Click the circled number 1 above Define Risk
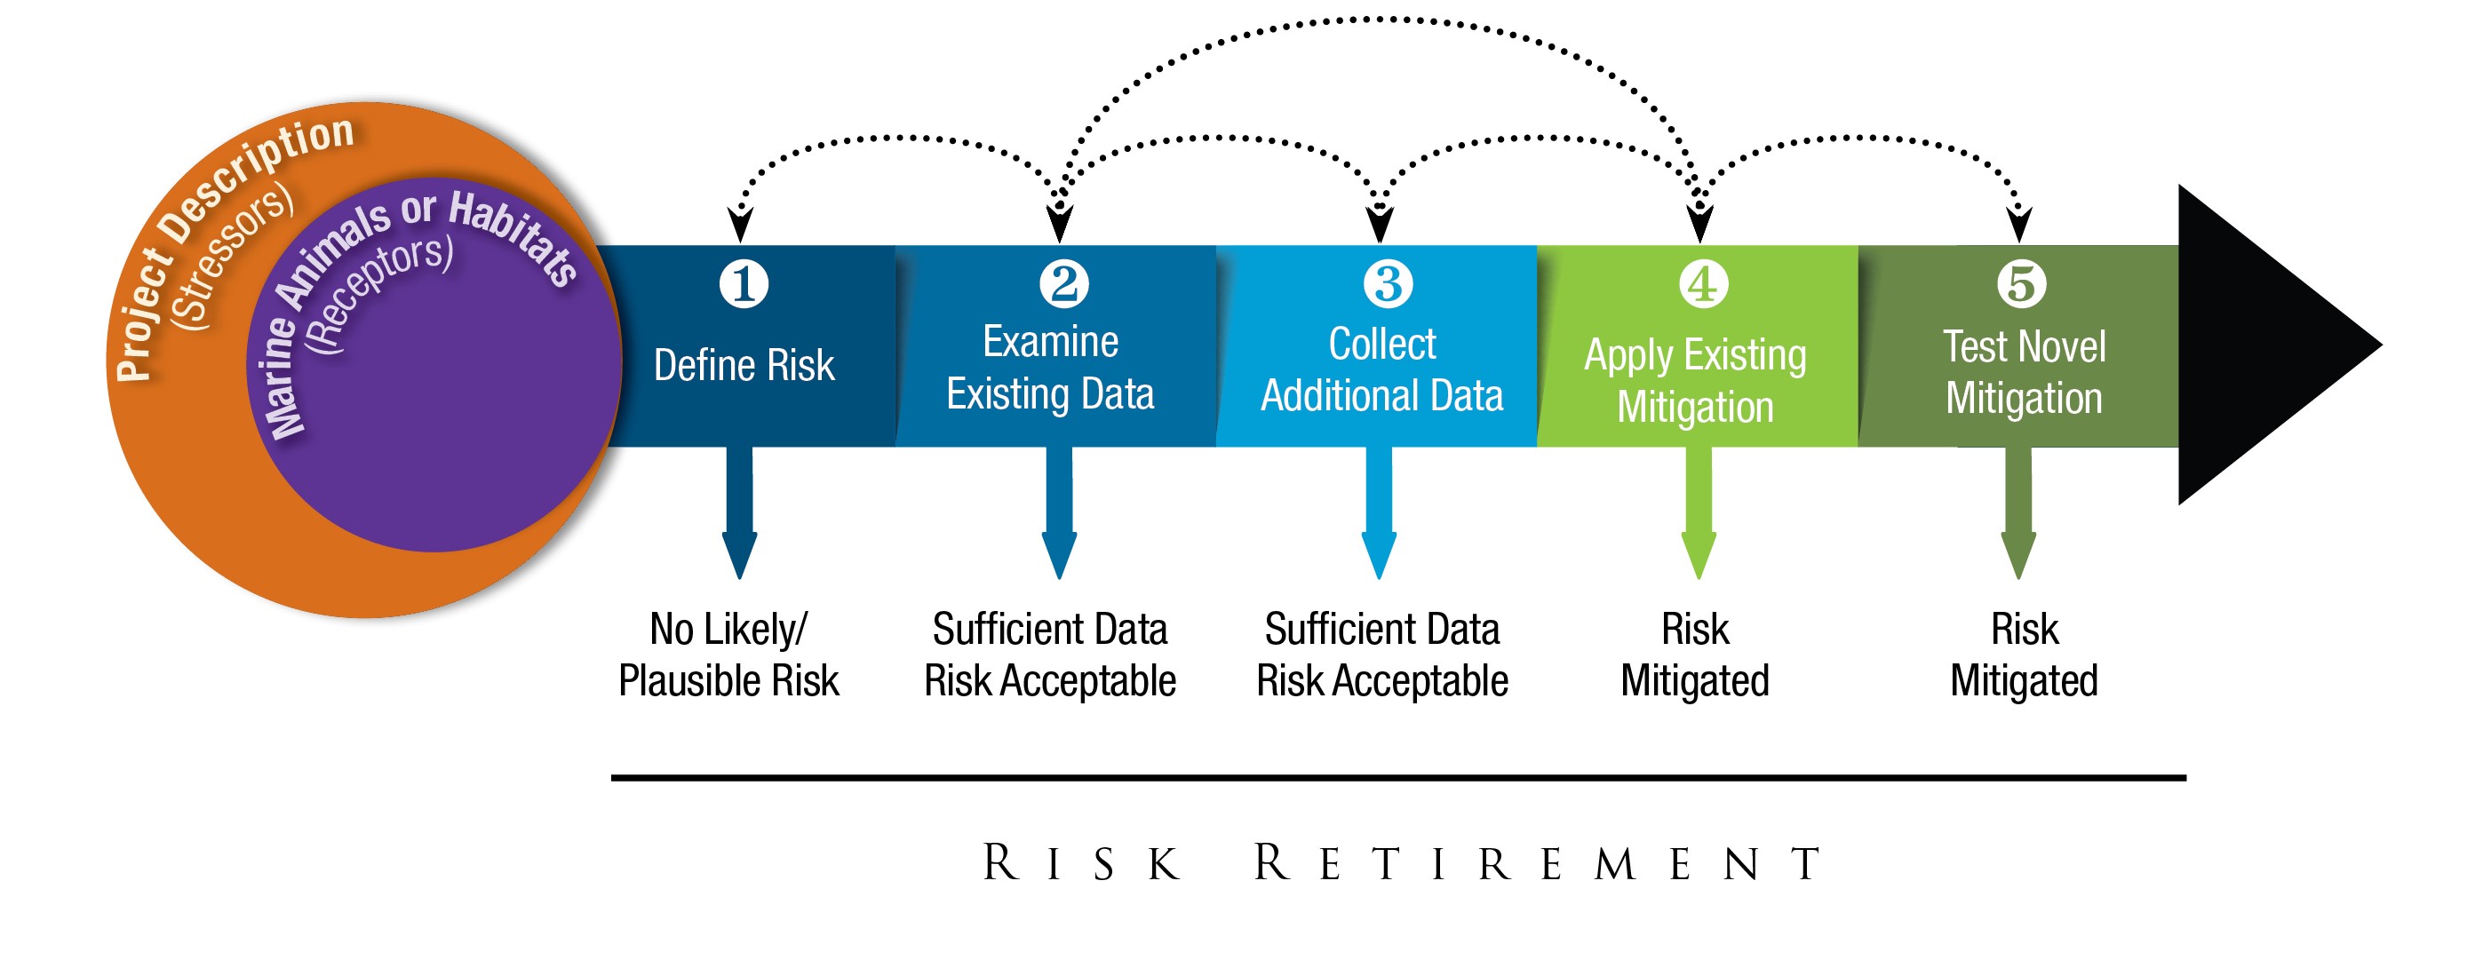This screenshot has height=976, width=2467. (x=744, y=283)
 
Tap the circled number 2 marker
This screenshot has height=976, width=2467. (x=1063, y=283)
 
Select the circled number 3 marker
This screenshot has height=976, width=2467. (x=1387, y=283)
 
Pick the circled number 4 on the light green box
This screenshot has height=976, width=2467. (x=1703, y=283)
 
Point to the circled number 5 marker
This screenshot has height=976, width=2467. (x=2021, y=283)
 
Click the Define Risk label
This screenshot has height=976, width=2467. (x=744, y=366)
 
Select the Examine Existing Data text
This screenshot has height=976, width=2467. (x=1050, y=368)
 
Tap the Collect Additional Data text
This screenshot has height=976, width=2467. (x=1381, y=369)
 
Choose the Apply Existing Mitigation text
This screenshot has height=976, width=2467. (x=1695, y=380)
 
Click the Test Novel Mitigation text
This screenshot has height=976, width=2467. (x=2024, y=371)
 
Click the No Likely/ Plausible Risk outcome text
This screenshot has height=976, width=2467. (x=728, y=655)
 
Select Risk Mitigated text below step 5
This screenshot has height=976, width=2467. (x=2024, y=655)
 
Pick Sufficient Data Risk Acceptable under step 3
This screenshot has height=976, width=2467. (x=1381, y=655)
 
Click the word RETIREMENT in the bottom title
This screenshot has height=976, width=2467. (x=1537, y=864)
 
